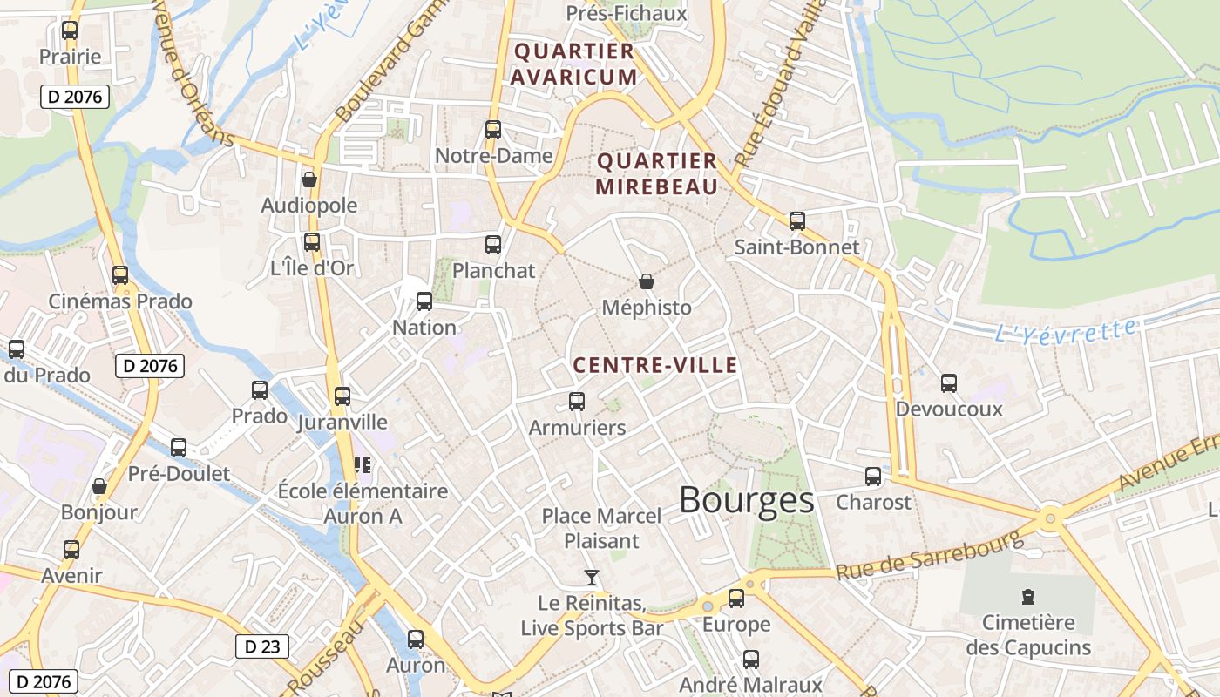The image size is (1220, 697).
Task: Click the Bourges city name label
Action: [746, 501]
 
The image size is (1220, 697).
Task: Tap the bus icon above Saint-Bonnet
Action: [796, 221]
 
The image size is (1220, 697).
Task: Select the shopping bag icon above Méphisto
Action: [647, 281]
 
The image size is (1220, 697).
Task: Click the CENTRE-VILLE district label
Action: [655, 366]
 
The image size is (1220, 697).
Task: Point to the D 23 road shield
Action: [261, 646]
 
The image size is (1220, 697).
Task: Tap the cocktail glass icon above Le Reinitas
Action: [592, 577]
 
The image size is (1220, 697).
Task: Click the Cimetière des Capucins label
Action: [1028, 635]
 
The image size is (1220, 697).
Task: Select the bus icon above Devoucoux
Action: [949, 383]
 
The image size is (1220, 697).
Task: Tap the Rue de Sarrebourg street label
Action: [929, 556]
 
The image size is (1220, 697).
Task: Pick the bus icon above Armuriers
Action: [577, 402]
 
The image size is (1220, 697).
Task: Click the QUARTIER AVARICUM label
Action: [574, 64]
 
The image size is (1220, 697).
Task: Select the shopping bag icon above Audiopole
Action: [308, 180]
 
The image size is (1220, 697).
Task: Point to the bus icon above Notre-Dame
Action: [493, 130]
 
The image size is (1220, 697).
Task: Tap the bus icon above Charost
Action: [873, 477]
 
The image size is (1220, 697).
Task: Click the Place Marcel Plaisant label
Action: [601, 528]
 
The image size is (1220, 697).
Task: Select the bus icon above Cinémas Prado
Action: [120, 275]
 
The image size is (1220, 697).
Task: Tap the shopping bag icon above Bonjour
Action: [99, 486]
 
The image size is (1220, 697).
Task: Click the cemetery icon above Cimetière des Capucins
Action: [1028, 597]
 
